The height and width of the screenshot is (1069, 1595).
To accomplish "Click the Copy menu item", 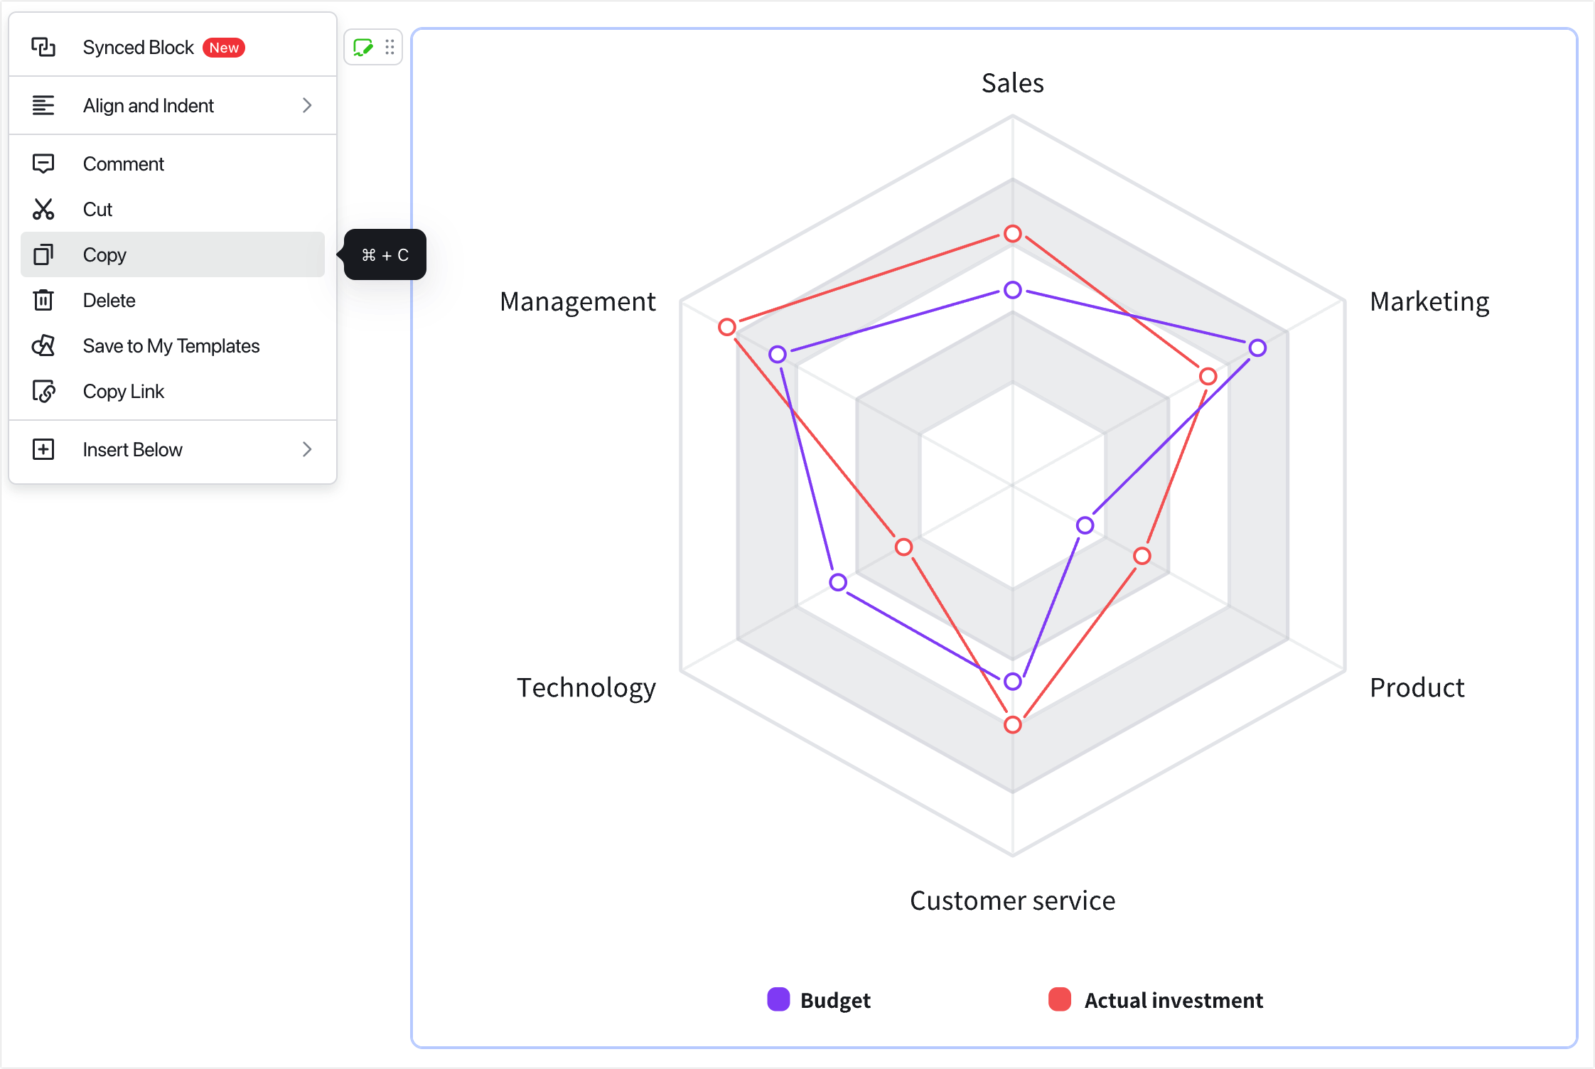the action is pyautogui.click(x=172, y=254).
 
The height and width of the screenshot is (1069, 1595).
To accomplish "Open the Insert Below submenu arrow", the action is pyautogui.click(x=307, y=449).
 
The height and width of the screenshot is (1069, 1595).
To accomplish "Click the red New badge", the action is pyautogui.click(x=224, y=48).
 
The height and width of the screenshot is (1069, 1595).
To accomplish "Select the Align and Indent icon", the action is pyautogui.click(x=43, y=105).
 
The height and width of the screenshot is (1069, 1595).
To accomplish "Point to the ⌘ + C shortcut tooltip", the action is pyautogui.click(x=385, y=254).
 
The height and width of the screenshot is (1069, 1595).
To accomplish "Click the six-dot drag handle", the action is pyautogui.click(x=390, y=47).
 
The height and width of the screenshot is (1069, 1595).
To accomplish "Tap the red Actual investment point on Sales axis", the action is pyautogui.click(x=1013, y=233).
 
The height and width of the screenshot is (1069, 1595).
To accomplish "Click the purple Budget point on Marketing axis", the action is pyautogui.click(x=1257, y=348).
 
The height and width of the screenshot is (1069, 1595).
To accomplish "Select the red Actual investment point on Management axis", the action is pyautogui.click(x=726, y=327).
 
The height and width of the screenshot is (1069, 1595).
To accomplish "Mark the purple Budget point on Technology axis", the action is pyautogui.click(x=838, y=582).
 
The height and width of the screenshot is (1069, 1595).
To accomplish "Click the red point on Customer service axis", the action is pyautogui.click(x=1013, y=724).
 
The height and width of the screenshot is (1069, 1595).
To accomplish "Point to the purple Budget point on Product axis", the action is pyautogui.click(x=1085, y=525).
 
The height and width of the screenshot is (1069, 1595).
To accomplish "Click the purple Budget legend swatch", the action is pyautogui.click(x=778, y=999).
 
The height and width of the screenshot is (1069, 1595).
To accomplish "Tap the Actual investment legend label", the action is pyautogui.click(x=1174, y=1000).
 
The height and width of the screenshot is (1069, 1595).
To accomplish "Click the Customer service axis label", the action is pyautogui.click(x=1012, y=901).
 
